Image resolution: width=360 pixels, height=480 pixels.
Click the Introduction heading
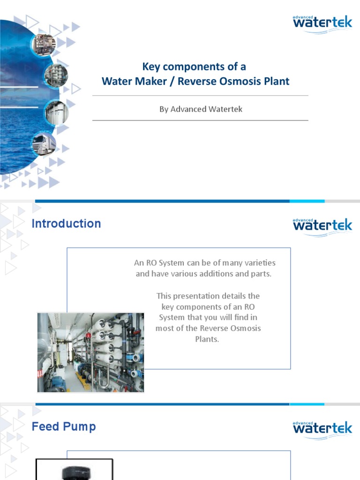tap(66, 224)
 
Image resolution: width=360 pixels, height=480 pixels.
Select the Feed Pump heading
tap(64, 427)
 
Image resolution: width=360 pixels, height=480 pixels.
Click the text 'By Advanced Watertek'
tap(201, 109)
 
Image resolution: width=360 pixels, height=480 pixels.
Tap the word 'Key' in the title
tap(151, 66)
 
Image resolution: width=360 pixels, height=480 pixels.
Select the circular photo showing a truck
tap(44, 144)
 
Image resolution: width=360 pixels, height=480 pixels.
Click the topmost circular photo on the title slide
tap(44, 45)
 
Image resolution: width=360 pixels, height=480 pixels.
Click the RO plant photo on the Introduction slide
tap(90, 352)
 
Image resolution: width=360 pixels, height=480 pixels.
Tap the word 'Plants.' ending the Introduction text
tap(207, 339)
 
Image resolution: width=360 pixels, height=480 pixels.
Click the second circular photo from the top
tap(56, 75)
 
